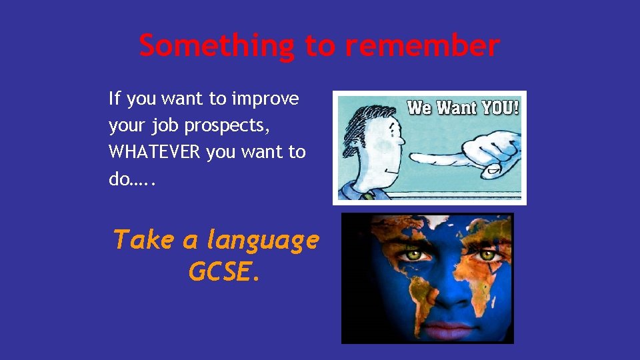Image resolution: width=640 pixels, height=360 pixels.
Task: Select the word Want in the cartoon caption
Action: coord(453,107)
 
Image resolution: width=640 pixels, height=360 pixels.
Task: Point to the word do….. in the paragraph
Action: coord(131,179)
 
